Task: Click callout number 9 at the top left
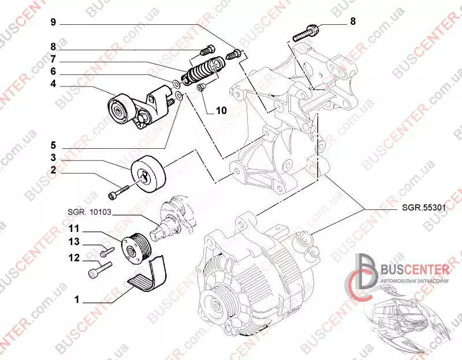tap(53, 22)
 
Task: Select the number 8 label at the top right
tap(353, 21)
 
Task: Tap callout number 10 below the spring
tap(221, 111)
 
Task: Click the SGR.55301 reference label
tap(424, 208)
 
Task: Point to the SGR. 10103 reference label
tap(90, 212)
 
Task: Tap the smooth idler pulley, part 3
tap(149, 174)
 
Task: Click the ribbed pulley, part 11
tap(136, 249)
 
